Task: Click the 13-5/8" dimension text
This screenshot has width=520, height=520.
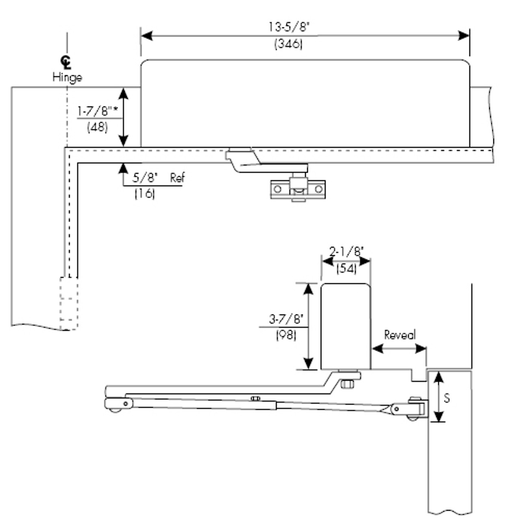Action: click(289, 27)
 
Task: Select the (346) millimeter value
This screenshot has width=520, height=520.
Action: click(288, 43)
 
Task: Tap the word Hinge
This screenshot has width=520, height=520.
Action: click(67, 77)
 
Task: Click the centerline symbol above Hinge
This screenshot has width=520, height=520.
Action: click(66, 63)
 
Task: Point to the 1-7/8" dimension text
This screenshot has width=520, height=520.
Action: click(97, 111)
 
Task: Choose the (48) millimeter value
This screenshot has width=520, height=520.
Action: click(97, 127)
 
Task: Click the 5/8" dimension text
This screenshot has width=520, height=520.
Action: click(145, 178)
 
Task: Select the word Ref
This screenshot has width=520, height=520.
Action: click(177, 178)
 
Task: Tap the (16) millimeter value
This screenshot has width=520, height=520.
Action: click(145, 194)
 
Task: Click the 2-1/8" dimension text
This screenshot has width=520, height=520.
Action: click(346, 252)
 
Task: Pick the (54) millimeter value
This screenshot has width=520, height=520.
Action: click(346, 268)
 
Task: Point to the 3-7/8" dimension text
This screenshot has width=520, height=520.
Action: click(286, 319)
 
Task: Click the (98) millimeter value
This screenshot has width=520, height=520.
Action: click(286, 335)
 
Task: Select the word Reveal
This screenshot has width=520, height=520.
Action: click(400, 335)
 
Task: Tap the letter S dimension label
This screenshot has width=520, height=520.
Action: click(447, 398)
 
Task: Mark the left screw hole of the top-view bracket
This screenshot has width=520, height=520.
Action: click(278, 189)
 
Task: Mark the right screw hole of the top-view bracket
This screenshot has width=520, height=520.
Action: click(319, 189)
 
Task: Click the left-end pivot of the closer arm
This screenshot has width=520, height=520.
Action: click(126, 403)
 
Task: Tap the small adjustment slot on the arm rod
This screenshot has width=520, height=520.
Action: click(255, 399)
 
